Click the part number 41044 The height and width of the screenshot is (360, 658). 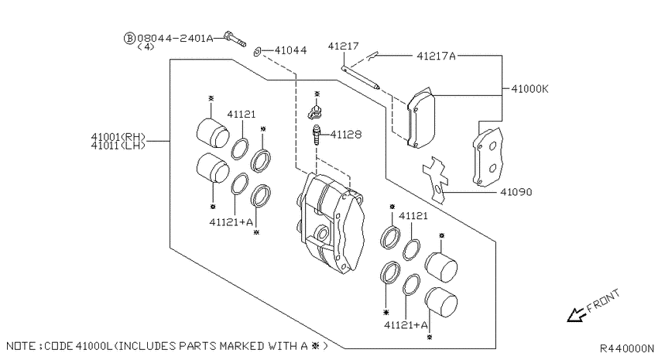(x=290, y=50)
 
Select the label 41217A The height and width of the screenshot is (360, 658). (x=436, y=56)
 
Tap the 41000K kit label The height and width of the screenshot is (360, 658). (x=529, y=89)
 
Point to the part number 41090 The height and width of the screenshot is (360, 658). (x=516, y=192)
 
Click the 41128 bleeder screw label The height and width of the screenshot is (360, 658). (x=346, y=134)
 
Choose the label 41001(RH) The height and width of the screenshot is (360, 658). (x=118, y=137)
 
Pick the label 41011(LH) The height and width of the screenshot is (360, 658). (x=118, y=146)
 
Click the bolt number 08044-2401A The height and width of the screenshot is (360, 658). (x=175, y=38)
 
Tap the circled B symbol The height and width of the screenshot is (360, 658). (x=129, y=38)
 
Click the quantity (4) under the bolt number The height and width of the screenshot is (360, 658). (x=146, y=46)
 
